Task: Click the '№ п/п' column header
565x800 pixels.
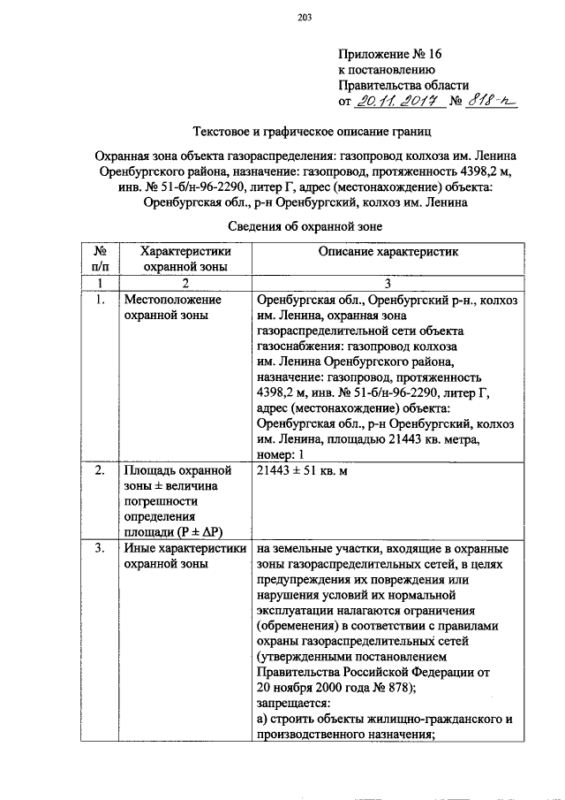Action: click(x=100, y=258)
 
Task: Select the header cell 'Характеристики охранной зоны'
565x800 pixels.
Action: click(x=185, y=258)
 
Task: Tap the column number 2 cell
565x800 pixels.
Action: click(x=185, y=283)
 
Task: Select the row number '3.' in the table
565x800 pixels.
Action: click(x=100, y=549)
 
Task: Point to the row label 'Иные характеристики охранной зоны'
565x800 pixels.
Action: click(x=185, y=556)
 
